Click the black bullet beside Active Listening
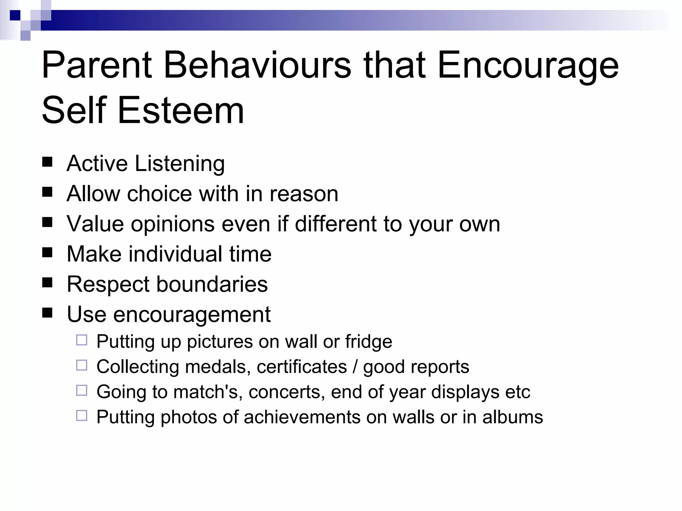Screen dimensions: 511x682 47,162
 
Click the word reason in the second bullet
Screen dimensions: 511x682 304,194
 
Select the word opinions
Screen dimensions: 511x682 172,224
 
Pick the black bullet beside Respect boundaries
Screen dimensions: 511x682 47,282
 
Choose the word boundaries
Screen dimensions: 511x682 212,284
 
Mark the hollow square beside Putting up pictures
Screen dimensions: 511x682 82,340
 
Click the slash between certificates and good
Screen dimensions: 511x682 355,367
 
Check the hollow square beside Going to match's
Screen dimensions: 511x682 82,390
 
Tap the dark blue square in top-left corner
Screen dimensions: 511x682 15,15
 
